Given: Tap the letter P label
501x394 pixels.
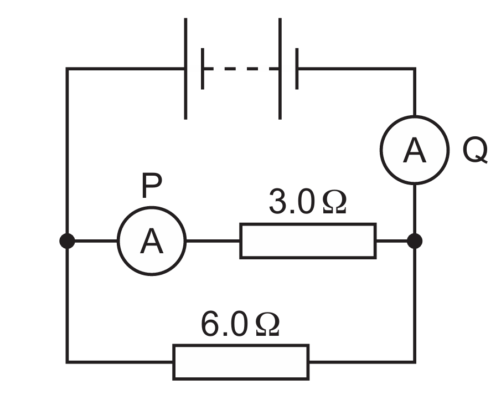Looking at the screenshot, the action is coord(152,185).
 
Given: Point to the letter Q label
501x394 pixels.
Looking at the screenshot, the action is coord(475,150).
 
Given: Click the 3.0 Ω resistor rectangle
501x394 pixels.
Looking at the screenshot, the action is coord(308,224).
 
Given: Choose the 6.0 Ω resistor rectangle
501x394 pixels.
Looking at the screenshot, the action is coord(241,346).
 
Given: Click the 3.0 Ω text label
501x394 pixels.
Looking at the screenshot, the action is coord(307,202).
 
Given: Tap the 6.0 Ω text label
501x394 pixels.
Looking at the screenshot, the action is coord(240,324).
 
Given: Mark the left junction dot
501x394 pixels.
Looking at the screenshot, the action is coord(67,241).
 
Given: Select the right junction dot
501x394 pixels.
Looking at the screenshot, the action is coord(415,241).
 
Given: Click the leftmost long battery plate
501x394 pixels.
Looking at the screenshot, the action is coord(185,69).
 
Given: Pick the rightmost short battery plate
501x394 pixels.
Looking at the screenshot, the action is coord(297,69).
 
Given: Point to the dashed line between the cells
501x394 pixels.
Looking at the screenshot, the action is coord(241,69).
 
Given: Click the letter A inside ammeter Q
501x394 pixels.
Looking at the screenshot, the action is coord(415,150).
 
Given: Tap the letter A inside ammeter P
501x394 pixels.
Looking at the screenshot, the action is coord(152,242).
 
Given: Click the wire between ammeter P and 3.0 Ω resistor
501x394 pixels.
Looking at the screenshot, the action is coord(213,241).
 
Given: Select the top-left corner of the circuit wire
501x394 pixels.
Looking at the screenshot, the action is coord(67,69).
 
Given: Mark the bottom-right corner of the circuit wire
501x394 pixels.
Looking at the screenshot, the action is coord(415,362).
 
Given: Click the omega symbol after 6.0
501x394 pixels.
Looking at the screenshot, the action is coord(268,324).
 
